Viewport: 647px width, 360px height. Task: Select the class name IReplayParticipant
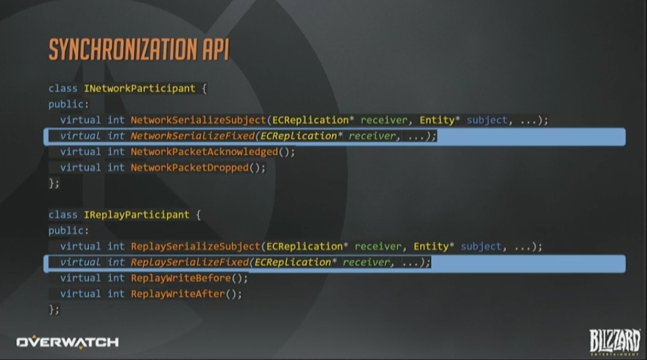[136, 215]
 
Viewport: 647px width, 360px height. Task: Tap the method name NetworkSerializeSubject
[198, 120]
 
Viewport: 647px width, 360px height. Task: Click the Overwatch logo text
[67, 342]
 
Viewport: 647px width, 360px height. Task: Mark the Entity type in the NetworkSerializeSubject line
[437, 120]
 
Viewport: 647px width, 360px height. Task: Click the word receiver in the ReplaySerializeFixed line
[367, 263]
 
